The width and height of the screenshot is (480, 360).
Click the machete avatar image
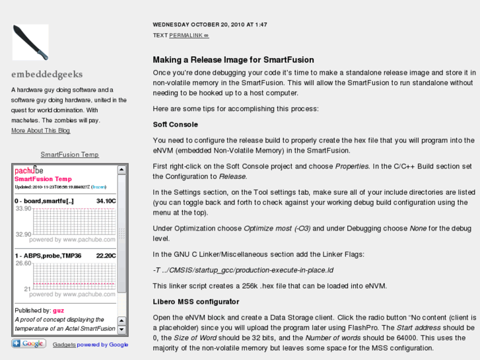tap(30, 42)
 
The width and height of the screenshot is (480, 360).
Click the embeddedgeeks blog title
tap(47, 75)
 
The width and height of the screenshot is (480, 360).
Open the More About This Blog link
tap(41, 131)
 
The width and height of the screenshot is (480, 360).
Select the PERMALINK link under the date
tap(189, 35)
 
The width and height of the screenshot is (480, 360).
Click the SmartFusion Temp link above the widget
tap(70, 155)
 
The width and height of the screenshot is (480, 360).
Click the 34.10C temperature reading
tap(106, 201)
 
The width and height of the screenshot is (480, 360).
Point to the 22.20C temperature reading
tap(106, 256)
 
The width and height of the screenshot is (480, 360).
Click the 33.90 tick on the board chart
tap(23, 209)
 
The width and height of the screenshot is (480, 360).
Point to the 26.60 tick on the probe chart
tap(23, 264)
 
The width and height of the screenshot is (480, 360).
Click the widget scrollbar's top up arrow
tap(122, 170)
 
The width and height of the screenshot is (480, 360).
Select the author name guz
tap(59, 310)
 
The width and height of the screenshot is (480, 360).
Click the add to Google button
tap(29, 343)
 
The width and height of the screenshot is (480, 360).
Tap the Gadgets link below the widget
tap(64, 344)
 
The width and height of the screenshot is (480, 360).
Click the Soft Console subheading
tap(175, 124)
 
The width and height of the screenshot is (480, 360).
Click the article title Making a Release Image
tap(233, 60)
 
